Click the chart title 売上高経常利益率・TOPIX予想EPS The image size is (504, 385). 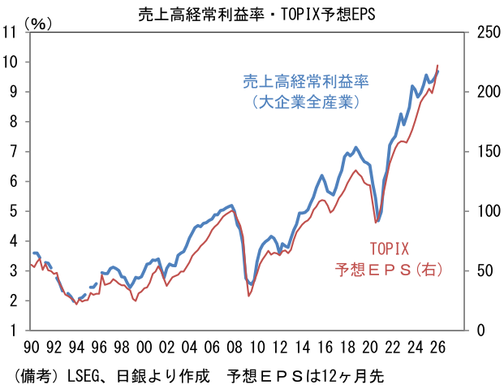[x=252, y=12]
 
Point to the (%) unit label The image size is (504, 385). [x=38, y=24]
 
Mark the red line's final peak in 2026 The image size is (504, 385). [x=438, y=65]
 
